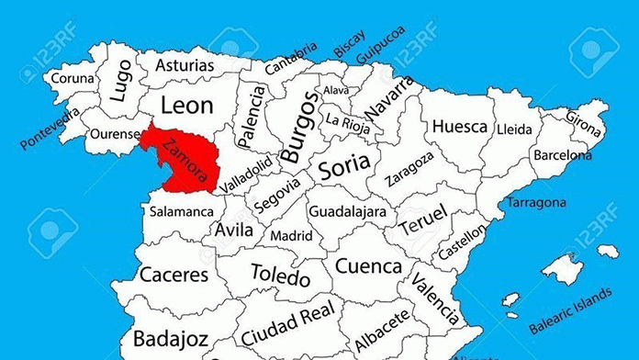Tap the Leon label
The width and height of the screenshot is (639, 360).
[186, 105]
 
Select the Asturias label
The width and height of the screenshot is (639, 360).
[185, 66]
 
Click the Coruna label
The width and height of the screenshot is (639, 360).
[72, 79]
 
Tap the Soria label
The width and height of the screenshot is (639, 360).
[344, 166]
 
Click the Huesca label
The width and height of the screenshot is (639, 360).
[459, 126]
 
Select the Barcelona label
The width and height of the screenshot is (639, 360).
[563, 153]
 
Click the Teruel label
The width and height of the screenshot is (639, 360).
[422, 220]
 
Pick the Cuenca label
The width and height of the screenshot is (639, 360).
[368, 266]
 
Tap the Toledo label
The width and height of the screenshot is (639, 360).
[282, 274]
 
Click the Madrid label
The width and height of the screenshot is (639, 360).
[291, 236]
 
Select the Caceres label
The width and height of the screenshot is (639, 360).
[173, 275]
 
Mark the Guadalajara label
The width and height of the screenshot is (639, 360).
[345, 212]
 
